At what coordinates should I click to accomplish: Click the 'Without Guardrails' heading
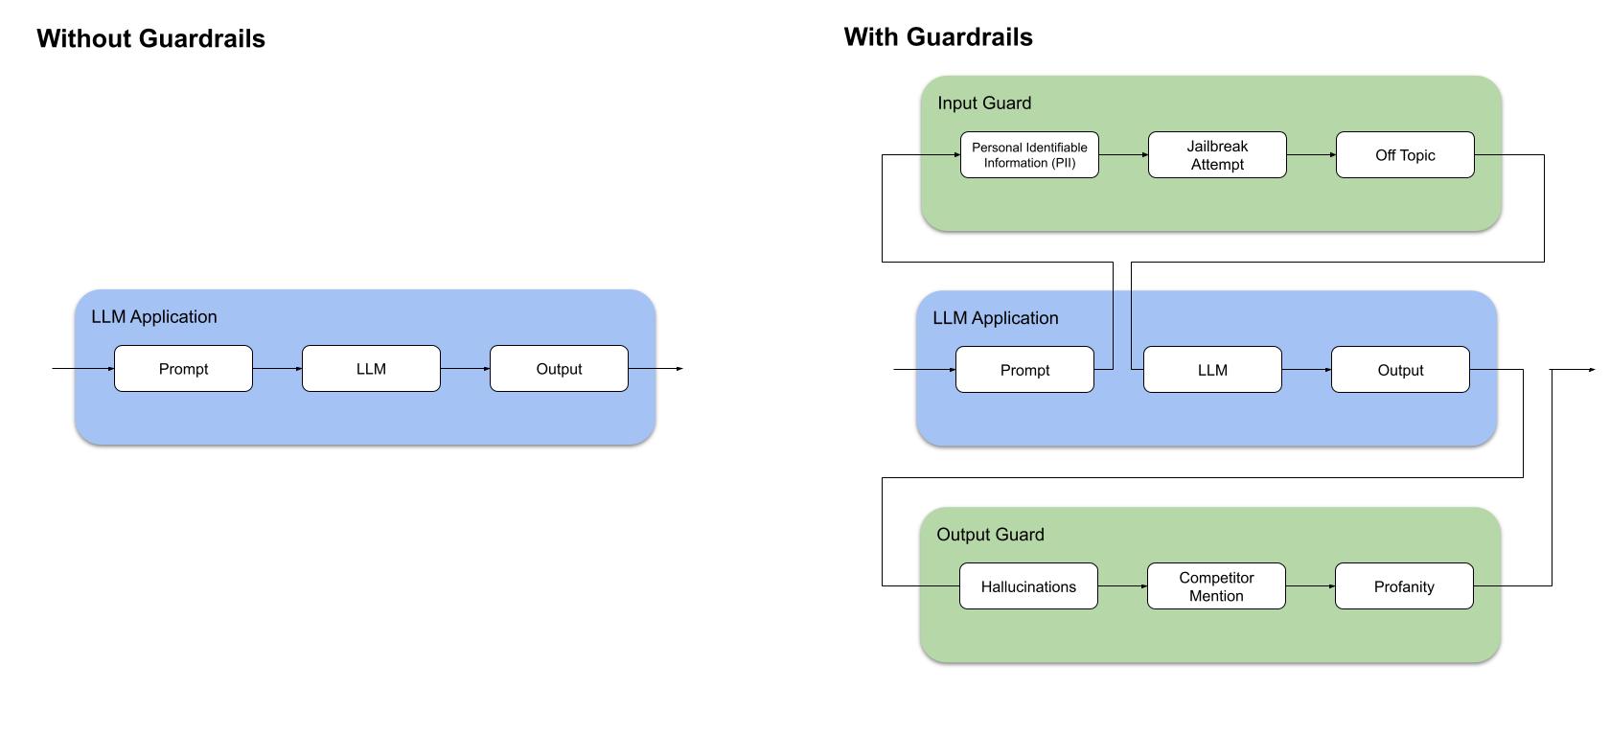point(150,38)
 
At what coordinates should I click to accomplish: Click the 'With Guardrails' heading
point(938,37)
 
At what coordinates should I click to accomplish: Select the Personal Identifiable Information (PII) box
point(1029,155)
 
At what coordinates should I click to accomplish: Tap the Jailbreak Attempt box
point(1217,155)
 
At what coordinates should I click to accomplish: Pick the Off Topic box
point(1405,155)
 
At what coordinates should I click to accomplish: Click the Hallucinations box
point(1028,586)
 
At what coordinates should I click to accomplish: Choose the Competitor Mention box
point(1216,586)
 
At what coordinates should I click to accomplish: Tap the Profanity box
point(1404,586)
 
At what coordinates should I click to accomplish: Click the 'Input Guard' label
point(984,103)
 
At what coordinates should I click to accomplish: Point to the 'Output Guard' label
point(990,535)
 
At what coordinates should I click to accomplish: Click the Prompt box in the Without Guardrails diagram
point(183,369)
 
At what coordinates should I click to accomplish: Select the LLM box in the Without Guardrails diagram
point(371,369)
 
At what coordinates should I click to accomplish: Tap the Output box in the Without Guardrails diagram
point(559,369)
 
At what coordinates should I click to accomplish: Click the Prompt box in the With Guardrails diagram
point(1024,370)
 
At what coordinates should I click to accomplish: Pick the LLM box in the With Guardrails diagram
point(1212,370)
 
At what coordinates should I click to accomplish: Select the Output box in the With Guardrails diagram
point(1400,370)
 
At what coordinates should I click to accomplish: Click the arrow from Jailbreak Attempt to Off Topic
point(1311,155)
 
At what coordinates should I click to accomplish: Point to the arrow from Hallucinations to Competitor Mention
point(1122,586)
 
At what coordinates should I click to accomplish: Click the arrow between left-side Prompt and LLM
point(277,369)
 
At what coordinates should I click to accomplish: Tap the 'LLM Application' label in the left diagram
point(154,317)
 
